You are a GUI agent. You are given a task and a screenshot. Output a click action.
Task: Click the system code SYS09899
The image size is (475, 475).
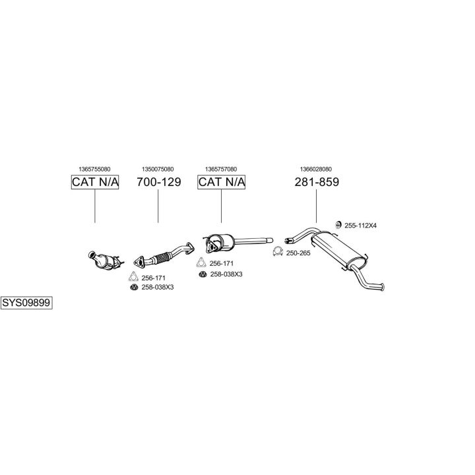pyautogui.click(x=26, y=303)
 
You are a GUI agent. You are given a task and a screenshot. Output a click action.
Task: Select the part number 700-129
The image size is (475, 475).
pyautogui.click(x=159, y=182)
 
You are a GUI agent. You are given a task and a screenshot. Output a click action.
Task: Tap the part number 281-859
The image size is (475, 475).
pyautogui.click(x=317, y=182)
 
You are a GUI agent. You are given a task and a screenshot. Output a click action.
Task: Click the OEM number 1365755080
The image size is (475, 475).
pyautogui.click(x=94, y=169)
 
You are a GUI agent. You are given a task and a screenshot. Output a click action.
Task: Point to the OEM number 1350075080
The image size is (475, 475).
pyautogui.click(x=158, y=169)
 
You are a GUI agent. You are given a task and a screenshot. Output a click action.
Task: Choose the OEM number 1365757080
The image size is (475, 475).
pyautogui.click(x=221, y=169)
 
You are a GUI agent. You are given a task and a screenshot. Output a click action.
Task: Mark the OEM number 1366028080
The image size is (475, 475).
pyautogui.click(x=316, y=169)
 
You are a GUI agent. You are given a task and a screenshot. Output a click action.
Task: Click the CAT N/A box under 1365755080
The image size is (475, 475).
pyautogui.click(x=95, y=182)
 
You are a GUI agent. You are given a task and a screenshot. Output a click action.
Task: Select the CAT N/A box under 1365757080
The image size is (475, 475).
pyautogui.click(x=221, y=182)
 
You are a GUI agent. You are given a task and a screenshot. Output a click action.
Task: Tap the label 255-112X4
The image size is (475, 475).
pyautogui.click(x=360, y=226)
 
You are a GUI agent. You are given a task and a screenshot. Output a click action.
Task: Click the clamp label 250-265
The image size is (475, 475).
pyautogui.click(x=298, y=253)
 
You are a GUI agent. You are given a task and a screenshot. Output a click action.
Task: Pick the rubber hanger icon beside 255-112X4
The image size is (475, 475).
pyautogui.click(x=338, y=225)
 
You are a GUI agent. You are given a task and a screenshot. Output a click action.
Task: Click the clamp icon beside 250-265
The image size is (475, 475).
pyautogui.click(x=278, y=251)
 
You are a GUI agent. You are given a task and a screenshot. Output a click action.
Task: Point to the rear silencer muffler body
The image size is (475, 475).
pyautogui.click(x=338, y=250)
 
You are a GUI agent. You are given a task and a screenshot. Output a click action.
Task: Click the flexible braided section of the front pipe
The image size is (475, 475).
pyautogui.click(x=161, y=257)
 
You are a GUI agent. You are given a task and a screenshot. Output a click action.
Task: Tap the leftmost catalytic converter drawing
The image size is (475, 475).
pyautogui.click(x=106, y=260)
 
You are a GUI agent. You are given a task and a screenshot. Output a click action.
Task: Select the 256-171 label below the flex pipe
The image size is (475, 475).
pyautogui.click(x=153, y=278)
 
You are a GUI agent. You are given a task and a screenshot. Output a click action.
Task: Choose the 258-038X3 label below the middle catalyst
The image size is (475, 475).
pyautogui.click(x=226, y=274)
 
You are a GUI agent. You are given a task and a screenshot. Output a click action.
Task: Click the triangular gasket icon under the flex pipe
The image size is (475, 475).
pyautogui.click(x=133, y=277)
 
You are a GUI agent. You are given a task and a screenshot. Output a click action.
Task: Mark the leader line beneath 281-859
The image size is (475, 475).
pyautogui.click(x=316, y=206)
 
